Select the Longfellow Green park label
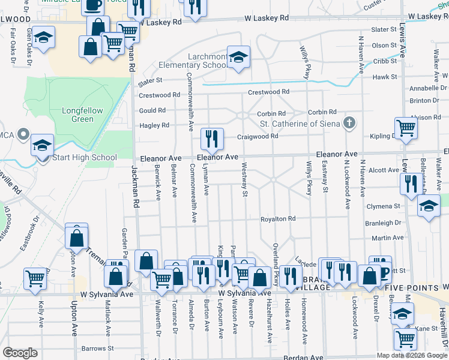tap(83, 115)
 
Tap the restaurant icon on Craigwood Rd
tap(212, 139)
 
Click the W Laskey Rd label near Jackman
tap(160, 22)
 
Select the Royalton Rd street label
tap(278, 219)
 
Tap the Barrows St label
tap(98, 348)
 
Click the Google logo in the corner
tap(20, 353)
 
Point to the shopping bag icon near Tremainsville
tap(77, 238)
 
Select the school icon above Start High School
tap(43, 145)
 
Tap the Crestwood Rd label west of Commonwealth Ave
tap(160, 95)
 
